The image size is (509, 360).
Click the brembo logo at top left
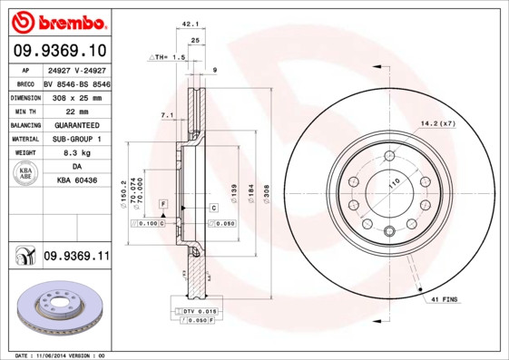(58, 20)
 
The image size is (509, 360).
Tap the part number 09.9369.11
(75, 258)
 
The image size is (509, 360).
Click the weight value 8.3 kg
(76, 153)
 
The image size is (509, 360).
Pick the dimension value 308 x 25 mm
(76, 95)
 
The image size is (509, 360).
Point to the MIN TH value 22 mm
(76, 110)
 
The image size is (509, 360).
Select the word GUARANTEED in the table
(76, 124)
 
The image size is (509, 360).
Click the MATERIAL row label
(25, 139)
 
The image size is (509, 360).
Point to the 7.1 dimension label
(166, 116)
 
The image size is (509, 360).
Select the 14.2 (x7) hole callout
(437, 123)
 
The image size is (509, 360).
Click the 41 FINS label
(444, 298)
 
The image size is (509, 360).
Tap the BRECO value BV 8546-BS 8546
(76, 82)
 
